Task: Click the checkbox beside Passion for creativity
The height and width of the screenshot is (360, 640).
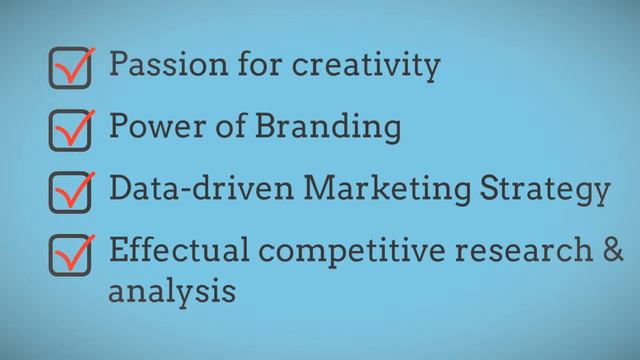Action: tap(70, 68)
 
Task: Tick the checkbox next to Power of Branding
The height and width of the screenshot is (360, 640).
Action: tap(70, 130)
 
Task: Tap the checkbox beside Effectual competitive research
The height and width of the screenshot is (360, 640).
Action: tap(70, 255)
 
